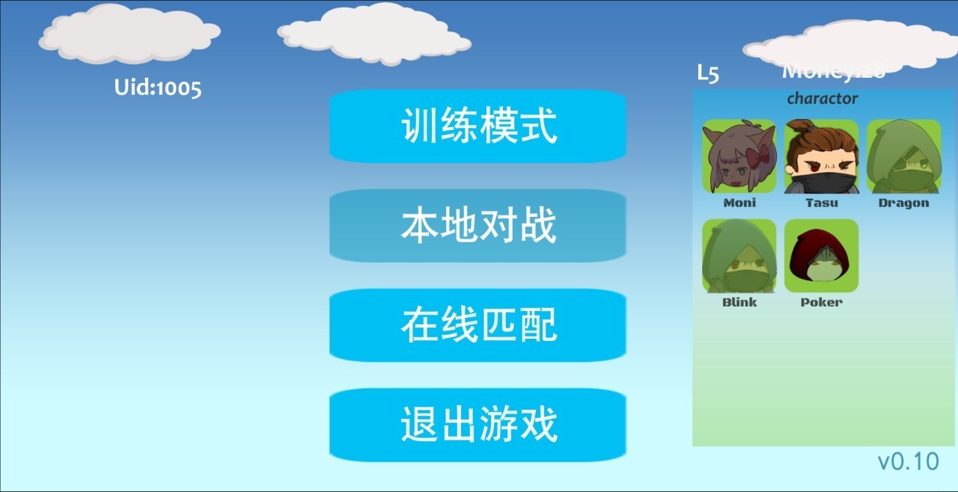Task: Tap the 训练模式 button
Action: tap(478, 126)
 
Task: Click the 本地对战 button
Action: tap(478, 225)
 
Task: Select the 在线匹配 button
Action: tap(478, 325)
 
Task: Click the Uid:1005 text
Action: tap(158, 87)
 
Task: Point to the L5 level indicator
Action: tap(708, 73)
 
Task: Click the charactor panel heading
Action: tap(822, 99)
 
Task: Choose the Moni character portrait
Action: tap(739, 156)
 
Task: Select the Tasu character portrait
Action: tap(821, 156)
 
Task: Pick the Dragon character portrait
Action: tap(903, 156)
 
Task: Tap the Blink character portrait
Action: tap(739, 256)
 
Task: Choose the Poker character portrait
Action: tap(821, 256)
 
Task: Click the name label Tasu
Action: tap(821, 203)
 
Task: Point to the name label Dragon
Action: tap(903, 203)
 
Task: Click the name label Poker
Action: tap(821, 303)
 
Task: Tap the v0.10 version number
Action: tap(908, 461)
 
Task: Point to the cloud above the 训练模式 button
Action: tap(374, 33)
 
